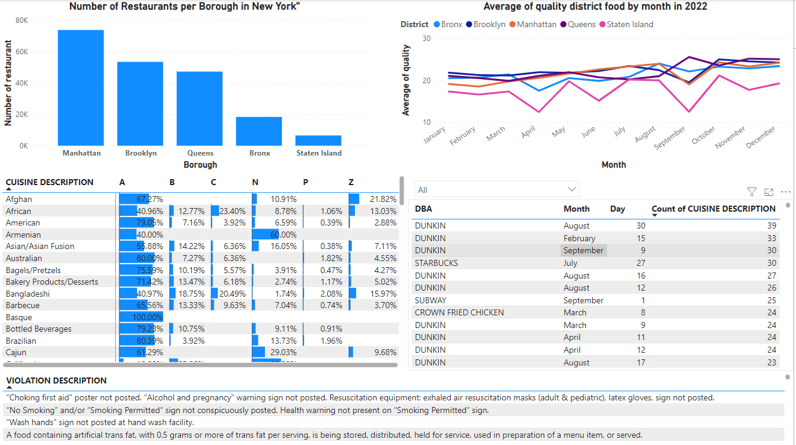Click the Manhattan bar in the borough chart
point(80,87)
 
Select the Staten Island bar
point(318,140)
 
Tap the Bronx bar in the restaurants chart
point(259,131)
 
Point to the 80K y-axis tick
point(22,21)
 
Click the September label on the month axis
point(670,138)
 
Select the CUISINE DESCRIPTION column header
point(49,182)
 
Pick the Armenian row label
point(24,235)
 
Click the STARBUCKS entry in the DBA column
point(436,263)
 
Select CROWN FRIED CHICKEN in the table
point(459,312)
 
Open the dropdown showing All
point(497,190)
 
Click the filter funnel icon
point(751,192)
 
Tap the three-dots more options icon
point(785,192)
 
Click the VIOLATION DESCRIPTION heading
point(56,380)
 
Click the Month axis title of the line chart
point(614,165)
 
